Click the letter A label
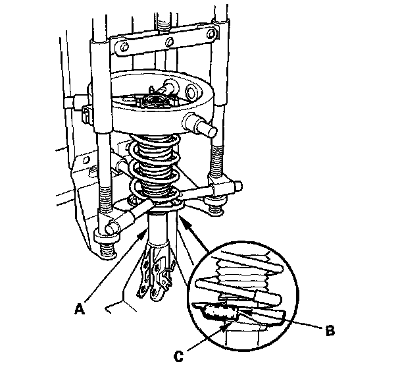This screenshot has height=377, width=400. tap(80, 308)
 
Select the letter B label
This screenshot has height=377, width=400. tap(330, 331)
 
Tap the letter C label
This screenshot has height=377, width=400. tap(178, 356)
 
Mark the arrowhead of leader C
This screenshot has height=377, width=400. tap(225, 326)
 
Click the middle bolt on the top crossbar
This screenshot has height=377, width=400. tap(170, 41)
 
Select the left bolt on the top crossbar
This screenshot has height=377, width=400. tap(124, 47)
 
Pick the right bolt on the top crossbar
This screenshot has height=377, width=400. tap(211, 34)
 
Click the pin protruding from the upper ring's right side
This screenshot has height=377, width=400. tap(201, 124)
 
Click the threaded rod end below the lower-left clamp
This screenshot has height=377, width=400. tap(108, 249)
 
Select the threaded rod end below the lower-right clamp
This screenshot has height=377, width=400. tap(216, 208)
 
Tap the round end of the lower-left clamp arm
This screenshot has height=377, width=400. tap(113, 227)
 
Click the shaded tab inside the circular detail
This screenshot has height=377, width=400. tap(221, 312)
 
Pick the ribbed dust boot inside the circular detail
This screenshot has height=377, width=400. tap(242, 275)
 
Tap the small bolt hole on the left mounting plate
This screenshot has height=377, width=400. tap(86, 160)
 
